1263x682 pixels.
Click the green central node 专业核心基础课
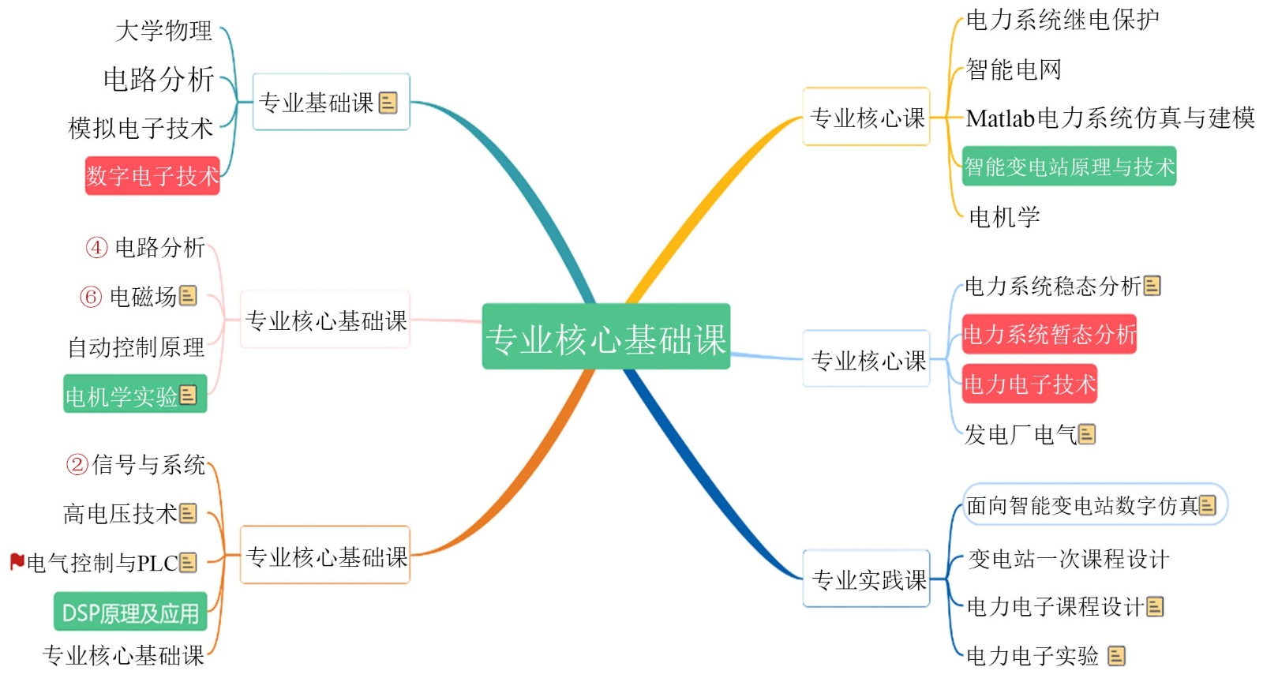605,337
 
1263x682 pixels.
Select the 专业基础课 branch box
330,102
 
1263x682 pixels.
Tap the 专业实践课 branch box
867,579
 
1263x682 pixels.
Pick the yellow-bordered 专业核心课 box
866,118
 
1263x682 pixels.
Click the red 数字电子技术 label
152,175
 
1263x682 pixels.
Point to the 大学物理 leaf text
163,31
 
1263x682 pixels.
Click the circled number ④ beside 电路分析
96,247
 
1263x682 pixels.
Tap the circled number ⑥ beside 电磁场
91,297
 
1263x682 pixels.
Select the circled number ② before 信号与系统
77,464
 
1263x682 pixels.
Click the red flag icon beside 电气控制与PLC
17,561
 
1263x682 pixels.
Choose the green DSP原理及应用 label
130,613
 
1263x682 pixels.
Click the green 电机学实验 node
134,395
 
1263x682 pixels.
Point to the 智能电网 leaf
1013,69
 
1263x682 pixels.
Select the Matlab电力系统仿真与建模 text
1109,118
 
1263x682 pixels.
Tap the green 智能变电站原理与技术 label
1069,167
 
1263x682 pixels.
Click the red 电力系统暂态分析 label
1049,334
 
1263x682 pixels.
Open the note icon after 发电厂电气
1087,434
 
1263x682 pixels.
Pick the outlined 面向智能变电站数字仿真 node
1093,504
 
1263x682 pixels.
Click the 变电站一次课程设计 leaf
1068,559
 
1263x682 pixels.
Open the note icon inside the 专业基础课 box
388,103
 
